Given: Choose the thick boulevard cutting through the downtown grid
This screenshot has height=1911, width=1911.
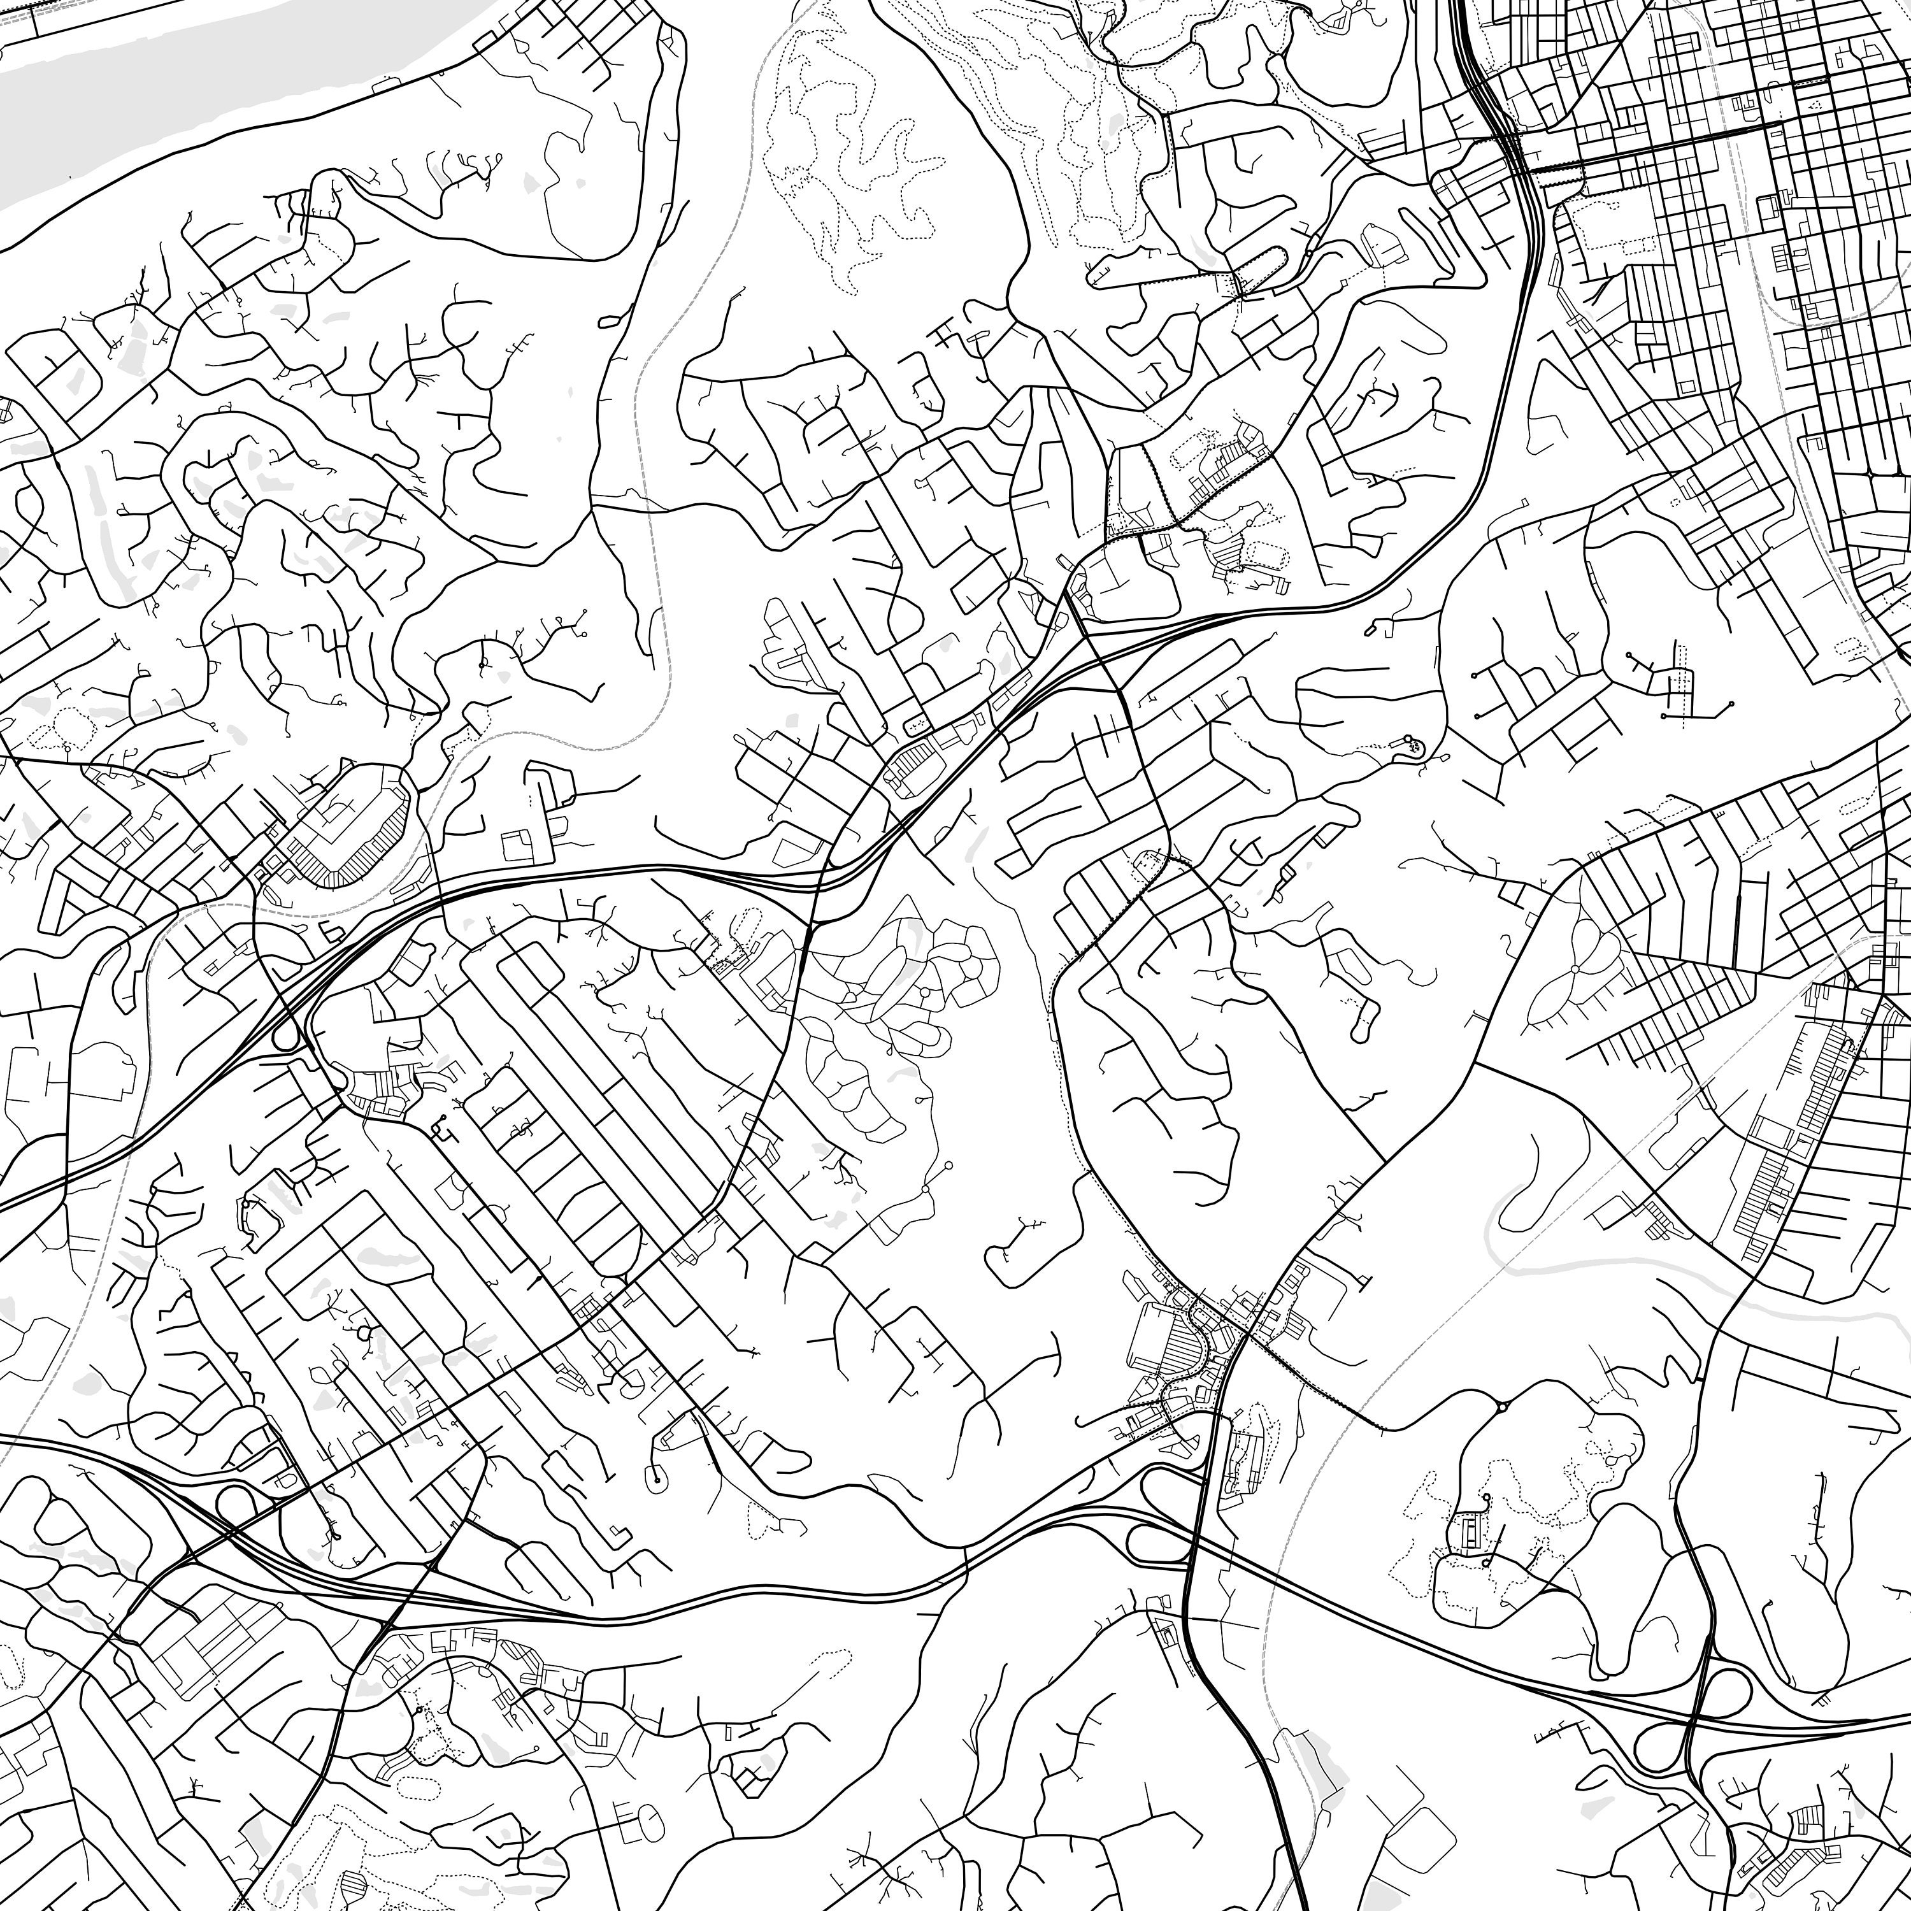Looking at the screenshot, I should pos(1662,138).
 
